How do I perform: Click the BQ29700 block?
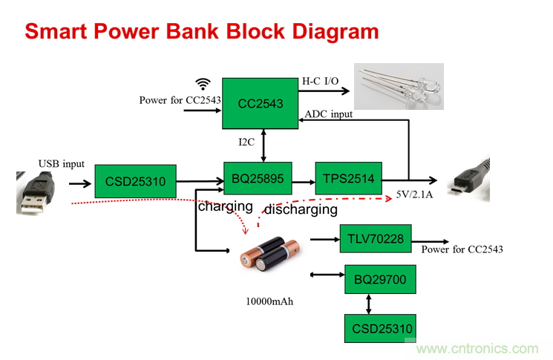point(379,281)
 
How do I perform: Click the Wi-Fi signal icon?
point(203,83)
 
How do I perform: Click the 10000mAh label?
point(269,301)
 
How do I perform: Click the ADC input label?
point(327,114)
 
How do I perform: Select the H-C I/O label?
point(321,79)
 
